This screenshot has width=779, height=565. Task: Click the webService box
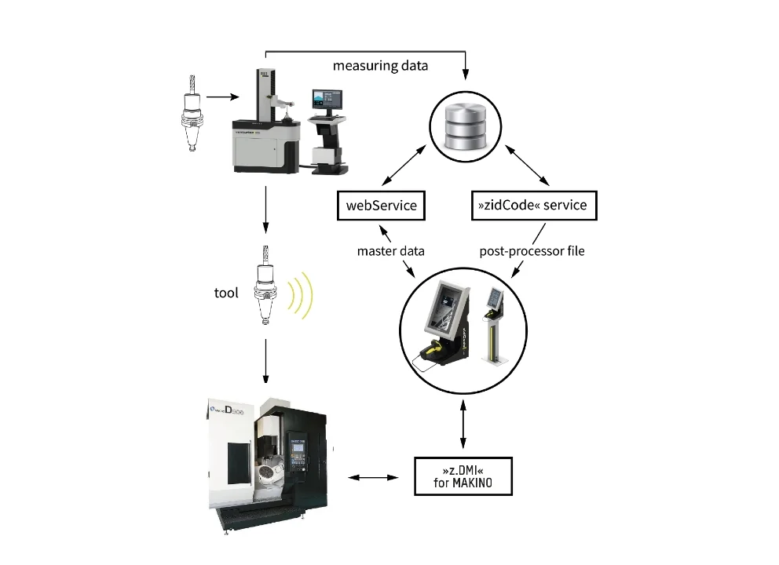[x=381, y=206]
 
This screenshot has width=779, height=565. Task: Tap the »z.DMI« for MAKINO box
[x=463, y=476]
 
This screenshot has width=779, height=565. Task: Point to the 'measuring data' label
[x=380, y=66]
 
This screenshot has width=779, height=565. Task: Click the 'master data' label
[x=390, y=252]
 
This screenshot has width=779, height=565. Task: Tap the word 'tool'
[x=226, y=293]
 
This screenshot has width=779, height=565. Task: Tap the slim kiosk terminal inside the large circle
[x=496, y=326]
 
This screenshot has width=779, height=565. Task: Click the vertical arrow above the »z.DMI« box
[x=463, y=425]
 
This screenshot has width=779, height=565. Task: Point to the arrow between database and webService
[x=409, y=166]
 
